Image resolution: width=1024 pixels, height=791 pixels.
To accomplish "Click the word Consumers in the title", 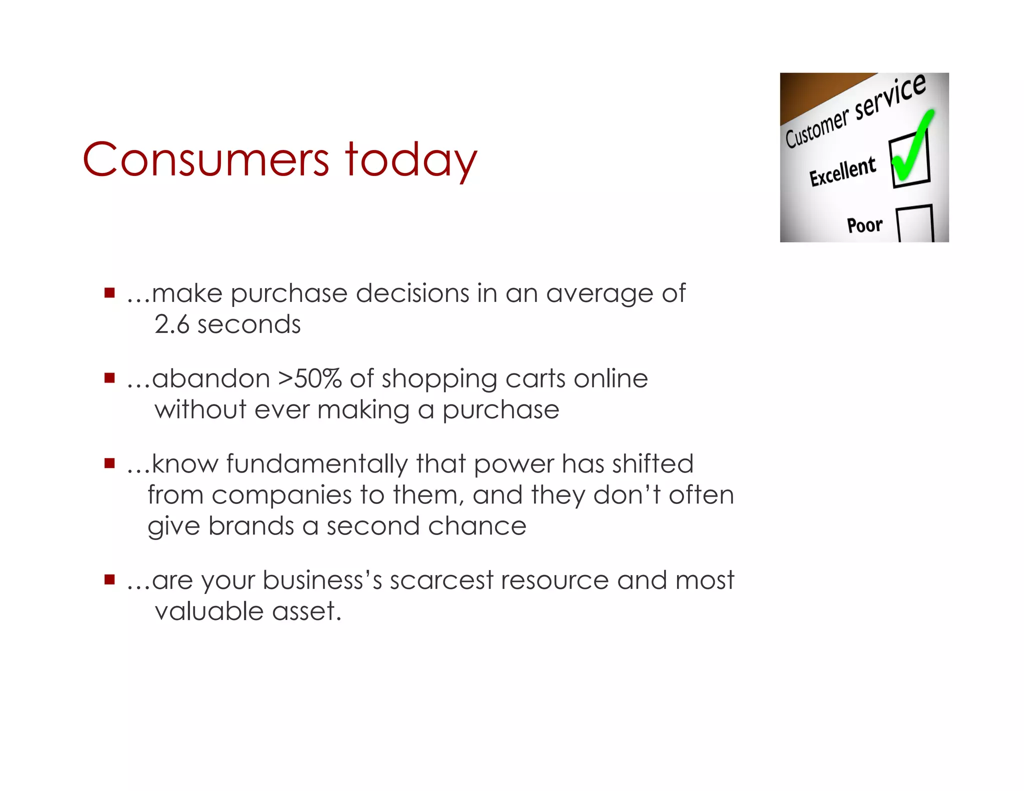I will point(205,160).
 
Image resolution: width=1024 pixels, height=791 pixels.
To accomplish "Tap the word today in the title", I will point(411,160).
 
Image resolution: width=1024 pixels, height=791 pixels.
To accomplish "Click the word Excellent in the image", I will point(842,171).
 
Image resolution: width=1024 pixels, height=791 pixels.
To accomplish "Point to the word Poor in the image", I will point(864,225).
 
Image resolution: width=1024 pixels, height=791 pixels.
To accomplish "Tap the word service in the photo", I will point(890,97).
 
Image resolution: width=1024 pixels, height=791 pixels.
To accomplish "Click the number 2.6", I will point(171,324).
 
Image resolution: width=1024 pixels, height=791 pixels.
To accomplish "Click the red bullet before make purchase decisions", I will point(109,292).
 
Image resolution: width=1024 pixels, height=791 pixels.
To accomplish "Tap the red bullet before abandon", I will point(109,377).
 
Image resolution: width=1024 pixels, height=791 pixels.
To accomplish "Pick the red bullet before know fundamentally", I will point(109,463).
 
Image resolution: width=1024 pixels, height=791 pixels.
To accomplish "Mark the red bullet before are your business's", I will point(109,579).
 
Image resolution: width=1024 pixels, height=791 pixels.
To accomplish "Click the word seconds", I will point(249,324).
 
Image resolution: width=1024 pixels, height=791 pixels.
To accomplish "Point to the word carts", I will point(535,378).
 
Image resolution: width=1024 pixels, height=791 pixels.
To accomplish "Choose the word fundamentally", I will point(317,463).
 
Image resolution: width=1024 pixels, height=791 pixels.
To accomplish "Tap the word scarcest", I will point(441,580).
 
